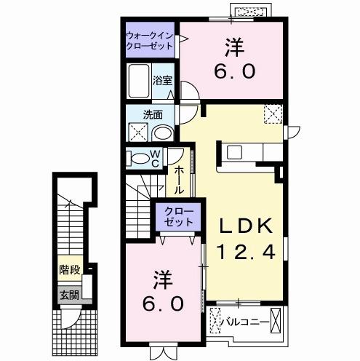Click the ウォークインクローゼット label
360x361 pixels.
pos(149,40)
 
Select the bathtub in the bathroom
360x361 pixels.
pos(138,83)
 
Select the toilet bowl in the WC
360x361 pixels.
pos(137,159)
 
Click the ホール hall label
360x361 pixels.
pos(179,179)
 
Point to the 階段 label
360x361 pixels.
pos(70,277)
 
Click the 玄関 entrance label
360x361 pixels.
pos(68,295)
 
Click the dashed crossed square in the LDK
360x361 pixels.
pos(273,114)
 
